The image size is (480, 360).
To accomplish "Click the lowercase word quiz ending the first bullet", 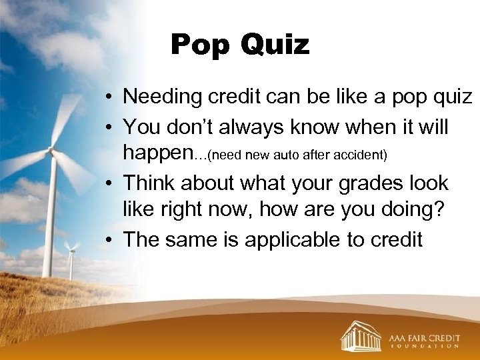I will coord(449,97).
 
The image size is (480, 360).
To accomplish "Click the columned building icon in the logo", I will coord(361,335).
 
